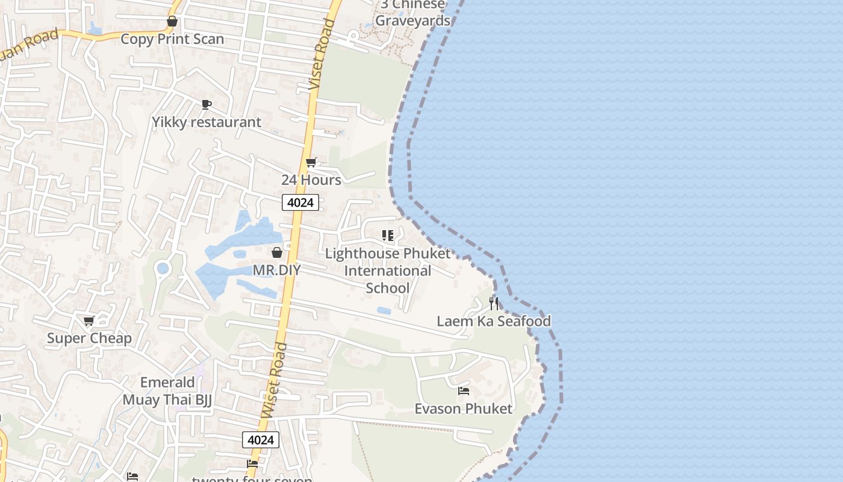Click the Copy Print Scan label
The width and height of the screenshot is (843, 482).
[x=172, y=39]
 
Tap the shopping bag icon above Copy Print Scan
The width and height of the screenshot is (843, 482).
[x=172, y=22]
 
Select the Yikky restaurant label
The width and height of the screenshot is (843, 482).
[x=207, y=122]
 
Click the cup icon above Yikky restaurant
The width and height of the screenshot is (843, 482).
[x=207, y=105]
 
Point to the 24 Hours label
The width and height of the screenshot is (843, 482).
[x=311, y=180]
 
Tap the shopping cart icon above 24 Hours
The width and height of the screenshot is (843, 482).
[x=311, y=162]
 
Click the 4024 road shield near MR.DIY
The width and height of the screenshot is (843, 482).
[x=300, y=202]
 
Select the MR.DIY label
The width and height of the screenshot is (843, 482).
[x=276, y=271]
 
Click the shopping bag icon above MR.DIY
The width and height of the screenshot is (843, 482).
[x=277, y=252]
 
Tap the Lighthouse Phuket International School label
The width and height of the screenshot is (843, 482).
[x=388, y=271]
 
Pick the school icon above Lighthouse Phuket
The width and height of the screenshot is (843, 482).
[x=388, y=236]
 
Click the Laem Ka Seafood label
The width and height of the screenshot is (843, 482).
[x=494, y=321]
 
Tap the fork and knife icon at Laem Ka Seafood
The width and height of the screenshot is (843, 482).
[x=494, y=303]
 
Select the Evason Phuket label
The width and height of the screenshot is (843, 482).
[x=464, y=409]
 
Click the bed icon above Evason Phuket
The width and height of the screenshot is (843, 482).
[x=464, y=391]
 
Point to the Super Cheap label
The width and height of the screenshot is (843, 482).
[x=89, y=339]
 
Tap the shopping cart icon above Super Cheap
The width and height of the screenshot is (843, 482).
[x=89, y=321]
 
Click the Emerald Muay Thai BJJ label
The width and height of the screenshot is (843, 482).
[x=167, y=391]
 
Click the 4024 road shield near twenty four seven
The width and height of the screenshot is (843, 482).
[x=261, y=440]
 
